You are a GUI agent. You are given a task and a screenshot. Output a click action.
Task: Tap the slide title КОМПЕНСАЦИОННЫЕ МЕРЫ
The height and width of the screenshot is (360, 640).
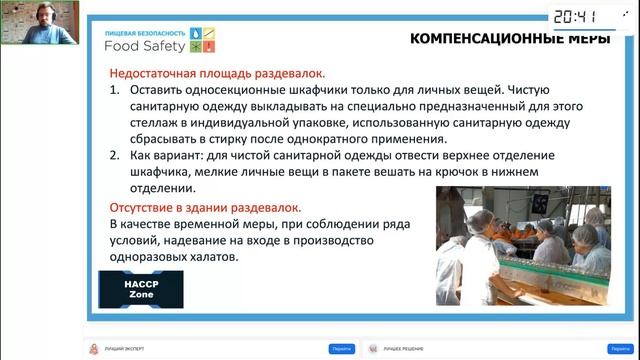[497, 39]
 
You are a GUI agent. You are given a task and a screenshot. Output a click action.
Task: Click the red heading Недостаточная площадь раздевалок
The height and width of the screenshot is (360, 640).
[216, 74]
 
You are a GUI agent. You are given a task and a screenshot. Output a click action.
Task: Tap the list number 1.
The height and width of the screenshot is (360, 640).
[115, 91]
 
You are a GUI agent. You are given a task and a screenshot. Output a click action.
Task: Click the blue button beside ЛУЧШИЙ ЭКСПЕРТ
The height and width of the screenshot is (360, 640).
[341, 348]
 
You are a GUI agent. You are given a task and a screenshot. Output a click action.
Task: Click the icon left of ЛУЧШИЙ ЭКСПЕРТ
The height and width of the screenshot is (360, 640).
[95, 348]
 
